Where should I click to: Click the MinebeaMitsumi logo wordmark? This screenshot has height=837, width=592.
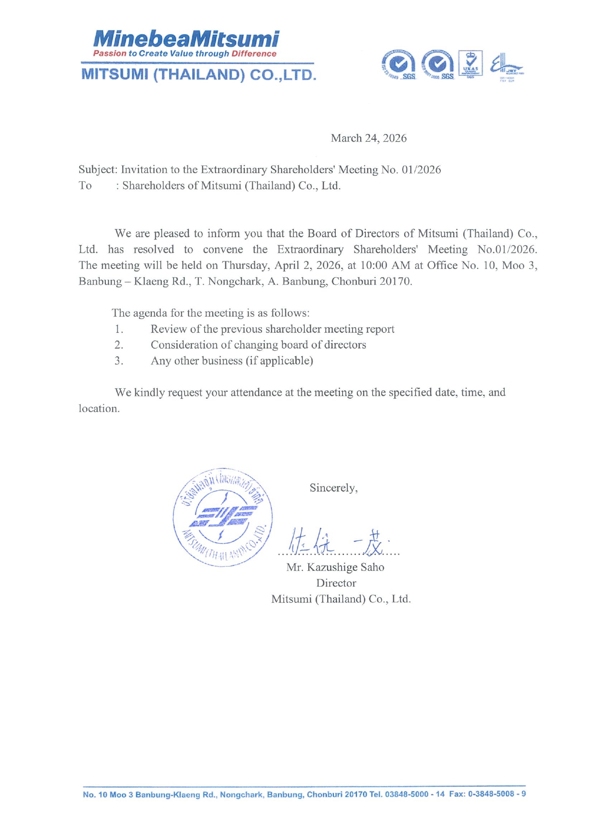[186, 38]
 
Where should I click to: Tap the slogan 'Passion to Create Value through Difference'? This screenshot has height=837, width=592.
[185, 54]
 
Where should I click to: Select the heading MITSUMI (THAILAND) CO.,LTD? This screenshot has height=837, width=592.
[198, 75]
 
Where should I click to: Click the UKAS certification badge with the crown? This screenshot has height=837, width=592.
[470, 63]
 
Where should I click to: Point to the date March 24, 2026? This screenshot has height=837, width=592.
[369, 138]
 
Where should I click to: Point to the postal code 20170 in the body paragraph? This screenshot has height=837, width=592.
[395, 281]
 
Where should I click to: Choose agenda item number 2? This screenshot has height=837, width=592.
[119, 345]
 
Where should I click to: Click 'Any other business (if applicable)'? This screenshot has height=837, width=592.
[232, 361]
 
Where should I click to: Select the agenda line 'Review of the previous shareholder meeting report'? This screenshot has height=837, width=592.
[272, 329]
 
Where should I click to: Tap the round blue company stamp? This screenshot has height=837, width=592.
[222, 517]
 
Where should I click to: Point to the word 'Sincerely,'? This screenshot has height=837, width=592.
[333, 488]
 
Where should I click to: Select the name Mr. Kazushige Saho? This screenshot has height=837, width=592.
[335, 567]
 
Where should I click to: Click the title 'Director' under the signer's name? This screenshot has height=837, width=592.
[336, 583]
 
